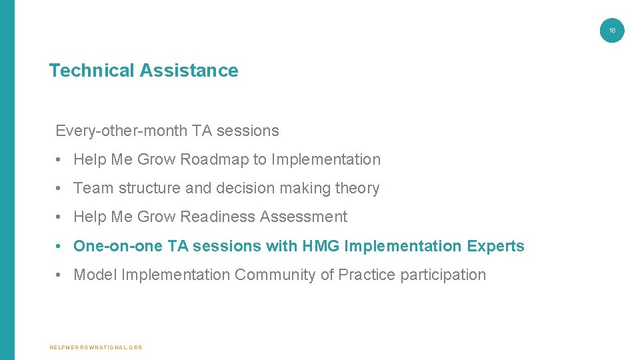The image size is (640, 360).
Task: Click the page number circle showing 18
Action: click(x=612, y=30)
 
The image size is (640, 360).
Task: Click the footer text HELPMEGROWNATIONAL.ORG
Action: click(x=96, y=347)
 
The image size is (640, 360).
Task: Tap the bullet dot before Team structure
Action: click(x=59, y=189)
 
